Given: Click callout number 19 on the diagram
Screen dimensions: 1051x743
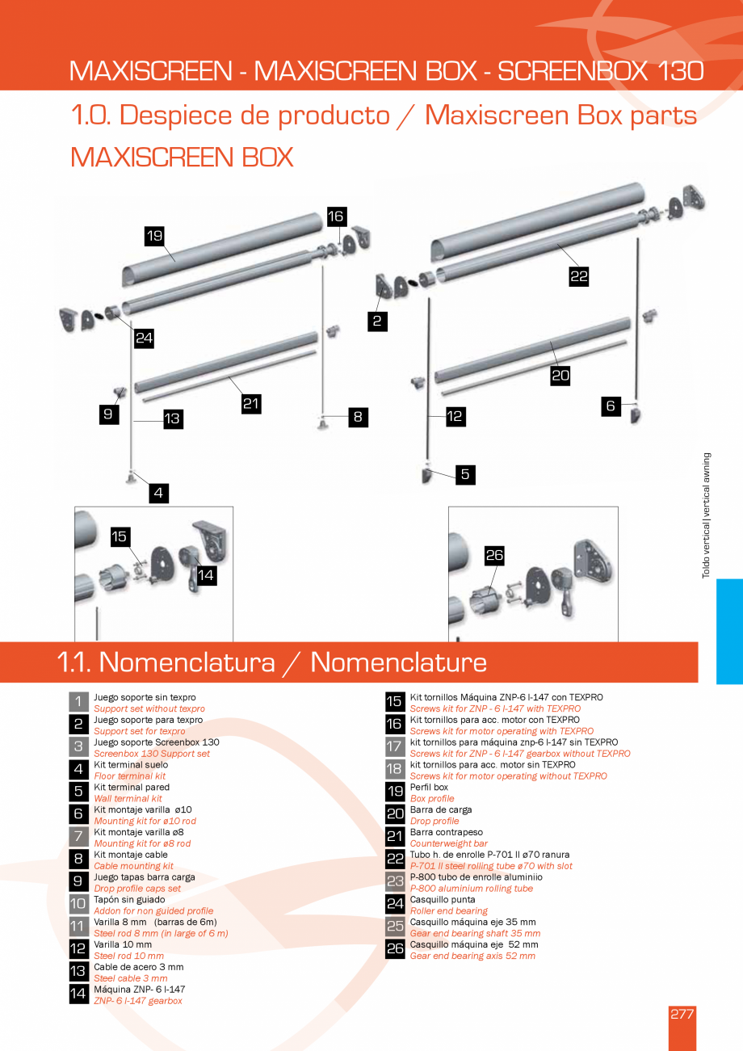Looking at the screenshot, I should pyautogui.click(x=154, y=236).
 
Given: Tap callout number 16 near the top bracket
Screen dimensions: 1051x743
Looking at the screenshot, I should pyautogui.click(x=336, y=216).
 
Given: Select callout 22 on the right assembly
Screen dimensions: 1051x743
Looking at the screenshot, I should pyautogui.click(x=578, y=276).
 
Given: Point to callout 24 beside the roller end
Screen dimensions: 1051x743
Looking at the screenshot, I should pyautogui.click(x=144, y=338).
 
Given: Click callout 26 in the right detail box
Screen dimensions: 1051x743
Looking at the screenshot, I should pyautogui.click(x=494, y=555).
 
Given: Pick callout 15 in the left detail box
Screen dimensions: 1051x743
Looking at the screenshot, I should pyautogui.click(x=120, y=536).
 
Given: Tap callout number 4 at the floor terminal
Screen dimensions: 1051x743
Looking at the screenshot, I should pyautogui.click(x=159, y=492).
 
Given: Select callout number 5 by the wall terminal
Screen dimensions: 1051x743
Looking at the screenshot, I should pyautogui.click(x=464, y=474).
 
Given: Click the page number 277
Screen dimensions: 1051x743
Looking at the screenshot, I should pyautogui.click(x=682, y=1015).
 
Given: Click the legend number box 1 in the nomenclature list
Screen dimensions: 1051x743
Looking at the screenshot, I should pyautogui.click(x=78, y=702).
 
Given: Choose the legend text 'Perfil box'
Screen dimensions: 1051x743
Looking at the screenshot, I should pyautogui.click(x=429, y=787).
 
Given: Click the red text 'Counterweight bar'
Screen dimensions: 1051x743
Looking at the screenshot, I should pyautogui.click(x=448, y=843).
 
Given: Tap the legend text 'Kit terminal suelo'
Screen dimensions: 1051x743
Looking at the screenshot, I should pyautogui.click(x=131, y=764).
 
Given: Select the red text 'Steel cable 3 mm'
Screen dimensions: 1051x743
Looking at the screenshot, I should pyautogui.click(x=131, y=978).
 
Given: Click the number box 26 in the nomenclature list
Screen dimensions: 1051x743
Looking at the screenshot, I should pyautogui.click(x=394, y=949).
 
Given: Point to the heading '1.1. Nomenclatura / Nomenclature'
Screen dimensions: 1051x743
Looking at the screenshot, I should pyautogui.click(x=272, y=662).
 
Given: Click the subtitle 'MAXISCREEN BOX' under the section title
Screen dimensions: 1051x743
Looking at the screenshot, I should pyautogui.click(x=182, y=156).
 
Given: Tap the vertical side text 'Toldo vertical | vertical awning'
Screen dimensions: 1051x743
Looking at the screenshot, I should pyautogui.click(x=706, y=515).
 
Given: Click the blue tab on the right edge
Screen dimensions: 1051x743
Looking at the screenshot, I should pyautogui.click(x=728, y=631).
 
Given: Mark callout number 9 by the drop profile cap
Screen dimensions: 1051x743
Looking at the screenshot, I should pyautogui.click(x=107, y=414).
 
